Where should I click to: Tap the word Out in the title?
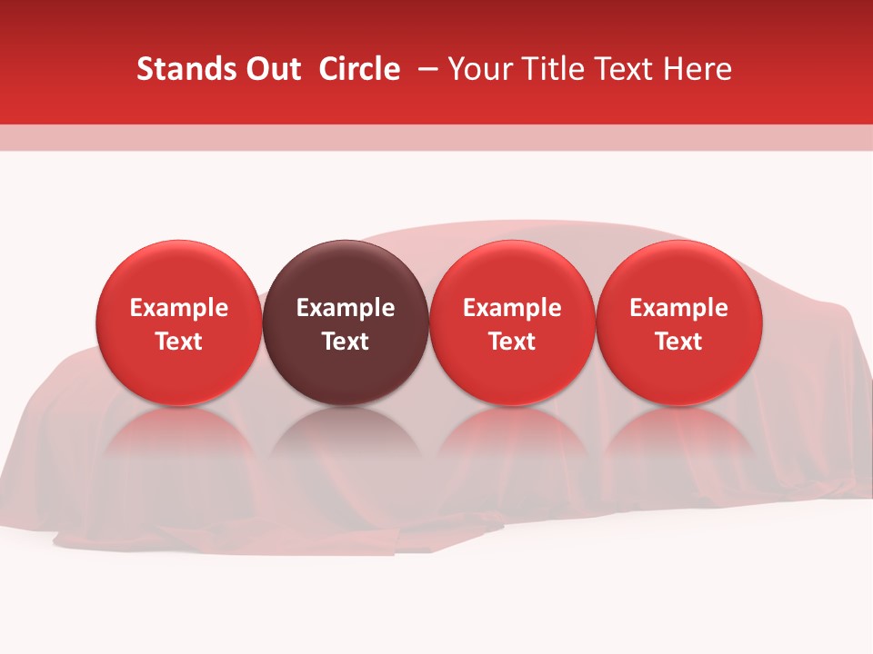[x=271, y=69]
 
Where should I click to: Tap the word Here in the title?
[x=701, y=69]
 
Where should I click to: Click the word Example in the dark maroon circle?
[x=346, y=308]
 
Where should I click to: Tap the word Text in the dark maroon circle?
[x=346, y=342]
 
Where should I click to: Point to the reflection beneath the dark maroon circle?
[x=346, y=445]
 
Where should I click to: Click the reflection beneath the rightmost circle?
[x=678, y=445]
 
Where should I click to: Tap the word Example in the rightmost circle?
[x=678, y=308]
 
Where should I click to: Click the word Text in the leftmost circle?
[x=179, y=342]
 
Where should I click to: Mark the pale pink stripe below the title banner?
[x=436, y=137]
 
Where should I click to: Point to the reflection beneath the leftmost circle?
[x=179, y=445]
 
